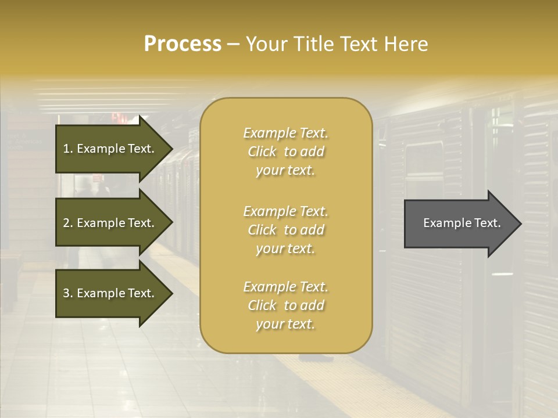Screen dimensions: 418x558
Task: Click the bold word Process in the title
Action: pyautogui.click(x=183, y=44)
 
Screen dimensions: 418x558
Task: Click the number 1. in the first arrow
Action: pyautogui.click(x=68, y=149)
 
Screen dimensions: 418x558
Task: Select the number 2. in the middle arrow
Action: pyautogui.click(x=68, y=223)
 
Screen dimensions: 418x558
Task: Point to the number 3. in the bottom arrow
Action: pyautogui.click(x=68, y=293)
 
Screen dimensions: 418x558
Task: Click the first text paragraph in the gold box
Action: pyautogui.click(x=286, y=152)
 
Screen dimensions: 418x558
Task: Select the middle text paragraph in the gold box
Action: pyautogui.click(x=286, y=230)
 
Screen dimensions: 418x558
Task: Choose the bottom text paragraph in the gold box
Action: pyautogui.click(x=286, y=305)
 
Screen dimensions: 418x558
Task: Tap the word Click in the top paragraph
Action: pyautogui.click(x=262, y=152)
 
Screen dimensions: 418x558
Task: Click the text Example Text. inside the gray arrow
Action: pyautogui.click(x=462, y=223)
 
